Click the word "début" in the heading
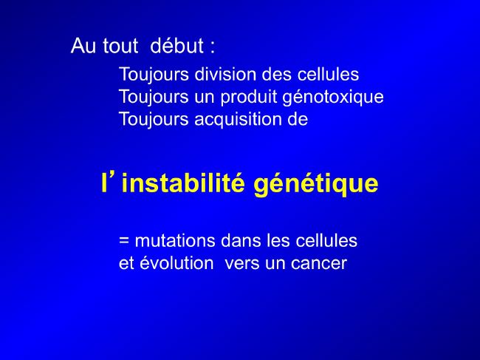coord(177,46)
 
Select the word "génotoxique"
coord(333,98)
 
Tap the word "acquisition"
coord(238,120)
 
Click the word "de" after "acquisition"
coord(298,119)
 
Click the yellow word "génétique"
coord(316,185)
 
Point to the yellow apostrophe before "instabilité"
coord(113,177)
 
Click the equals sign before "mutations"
coord(123,240)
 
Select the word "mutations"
coord(175,240)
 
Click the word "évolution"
coord(176,263)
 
